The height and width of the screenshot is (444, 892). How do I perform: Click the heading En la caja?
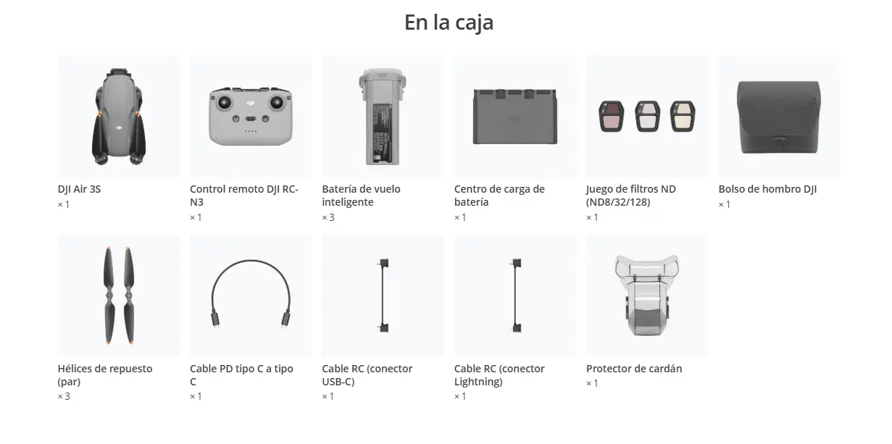449,22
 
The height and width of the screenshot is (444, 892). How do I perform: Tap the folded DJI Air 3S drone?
119,117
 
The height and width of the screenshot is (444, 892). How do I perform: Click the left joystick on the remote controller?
224,103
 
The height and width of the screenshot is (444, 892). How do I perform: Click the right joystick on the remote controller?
277,103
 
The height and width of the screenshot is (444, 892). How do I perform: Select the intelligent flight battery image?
383,117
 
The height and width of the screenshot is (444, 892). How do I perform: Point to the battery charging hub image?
515,117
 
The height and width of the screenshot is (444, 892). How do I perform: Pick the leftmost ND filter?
612,117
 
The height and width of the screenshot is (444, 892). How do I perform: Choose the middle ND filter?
647,117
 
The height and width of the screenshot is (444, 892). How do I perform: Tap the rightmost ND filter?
683,117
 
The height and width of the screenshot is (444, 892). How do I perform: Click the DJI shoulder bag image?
779,117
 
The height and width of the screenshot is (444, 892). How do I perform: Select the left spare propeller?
109,296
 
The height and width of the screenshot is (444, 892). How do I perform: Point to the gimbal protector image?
646,296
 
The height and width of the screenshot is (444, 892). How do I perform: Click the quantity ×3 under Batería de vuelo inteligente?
328,217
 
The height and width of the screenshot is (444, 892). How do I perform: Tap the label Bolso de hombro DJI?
767,189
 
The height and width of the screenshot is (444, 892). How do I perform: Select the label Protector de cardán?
634,369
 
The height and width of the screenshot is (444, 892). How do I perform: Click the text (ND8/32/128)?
618,202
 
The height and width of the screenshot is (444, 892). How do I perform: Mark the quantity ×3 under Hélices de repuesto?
64,396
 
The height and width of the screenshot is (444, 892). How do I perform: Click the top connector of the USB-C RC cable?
383,263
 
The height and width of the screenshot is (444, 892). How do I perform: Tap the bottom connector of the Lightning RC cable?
516,328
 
